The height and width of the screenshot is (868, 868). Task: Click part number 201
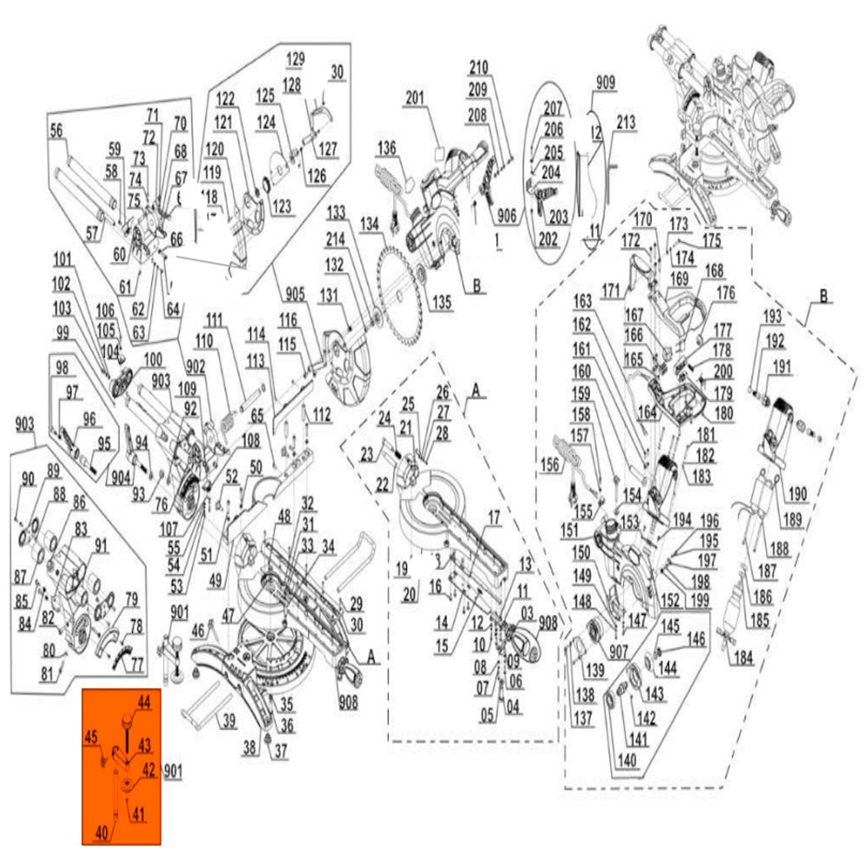coord(415,100)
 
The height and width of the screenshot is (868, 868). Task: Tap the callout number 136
coord(386,149)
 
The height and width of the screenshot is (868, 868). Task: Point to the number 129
coord(296,58)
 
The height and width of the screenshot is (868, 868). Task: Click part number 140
coord(628,760)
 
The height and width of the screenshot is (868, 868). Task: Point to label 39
coord(227,720)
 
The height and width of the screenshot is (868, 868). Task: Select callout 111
coord(215,319)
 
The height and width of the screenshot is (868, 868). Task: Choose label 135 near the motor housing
coord(442,302)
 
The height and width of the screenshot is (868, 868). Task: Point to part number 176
coord(725,293)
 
